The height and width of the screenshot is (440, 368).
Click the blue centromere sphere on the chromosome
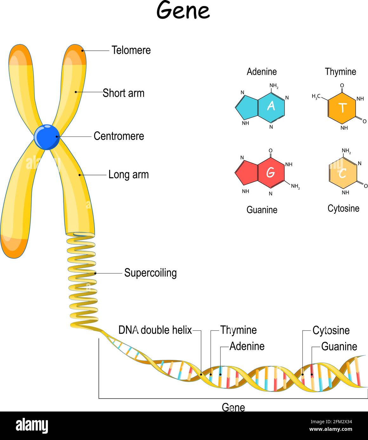tap(47, 137)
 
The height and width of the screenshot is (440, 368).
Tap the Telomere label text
tap(131, 50)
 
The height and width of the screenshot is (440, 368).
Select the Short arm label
tap(123, 93)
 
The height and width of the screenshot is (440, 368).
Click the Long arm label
tap(128, 174)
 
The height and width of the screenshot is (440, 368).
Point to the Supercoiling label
tap(150, 273)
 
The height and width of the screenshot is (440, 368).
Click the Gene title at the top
tap(183, 11)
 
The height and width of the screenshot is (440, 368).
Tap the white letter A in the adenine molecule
tap(271, 106)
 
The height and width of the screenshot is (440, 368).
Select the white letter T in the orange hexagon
tap(342, 108)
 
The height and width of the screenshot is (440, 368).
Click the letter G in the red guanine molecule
tap(270, 173)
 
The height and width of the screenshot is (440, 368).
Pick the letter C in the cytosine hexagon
tap(342, 173)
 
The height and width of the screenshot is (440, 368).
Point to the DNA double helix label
tap(155, 330)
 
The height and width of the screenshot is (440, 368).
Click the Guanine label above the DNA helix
tap(339, 346)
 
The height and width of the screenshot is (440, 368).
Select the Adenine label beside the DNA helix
tap(247, 346)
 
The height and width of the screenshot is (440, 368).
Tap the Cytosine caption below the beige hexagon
tap(343, 208)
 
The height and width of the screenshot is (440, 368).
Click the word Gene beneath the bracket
tap(233, 407)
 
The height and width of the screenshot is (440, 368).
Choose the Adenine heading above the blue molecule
tap(262, 72)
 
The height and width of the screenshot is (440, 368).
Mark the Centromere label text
tap(119, 136)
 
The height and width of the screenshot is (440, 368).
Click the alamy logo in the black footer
tap(32, 426)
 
